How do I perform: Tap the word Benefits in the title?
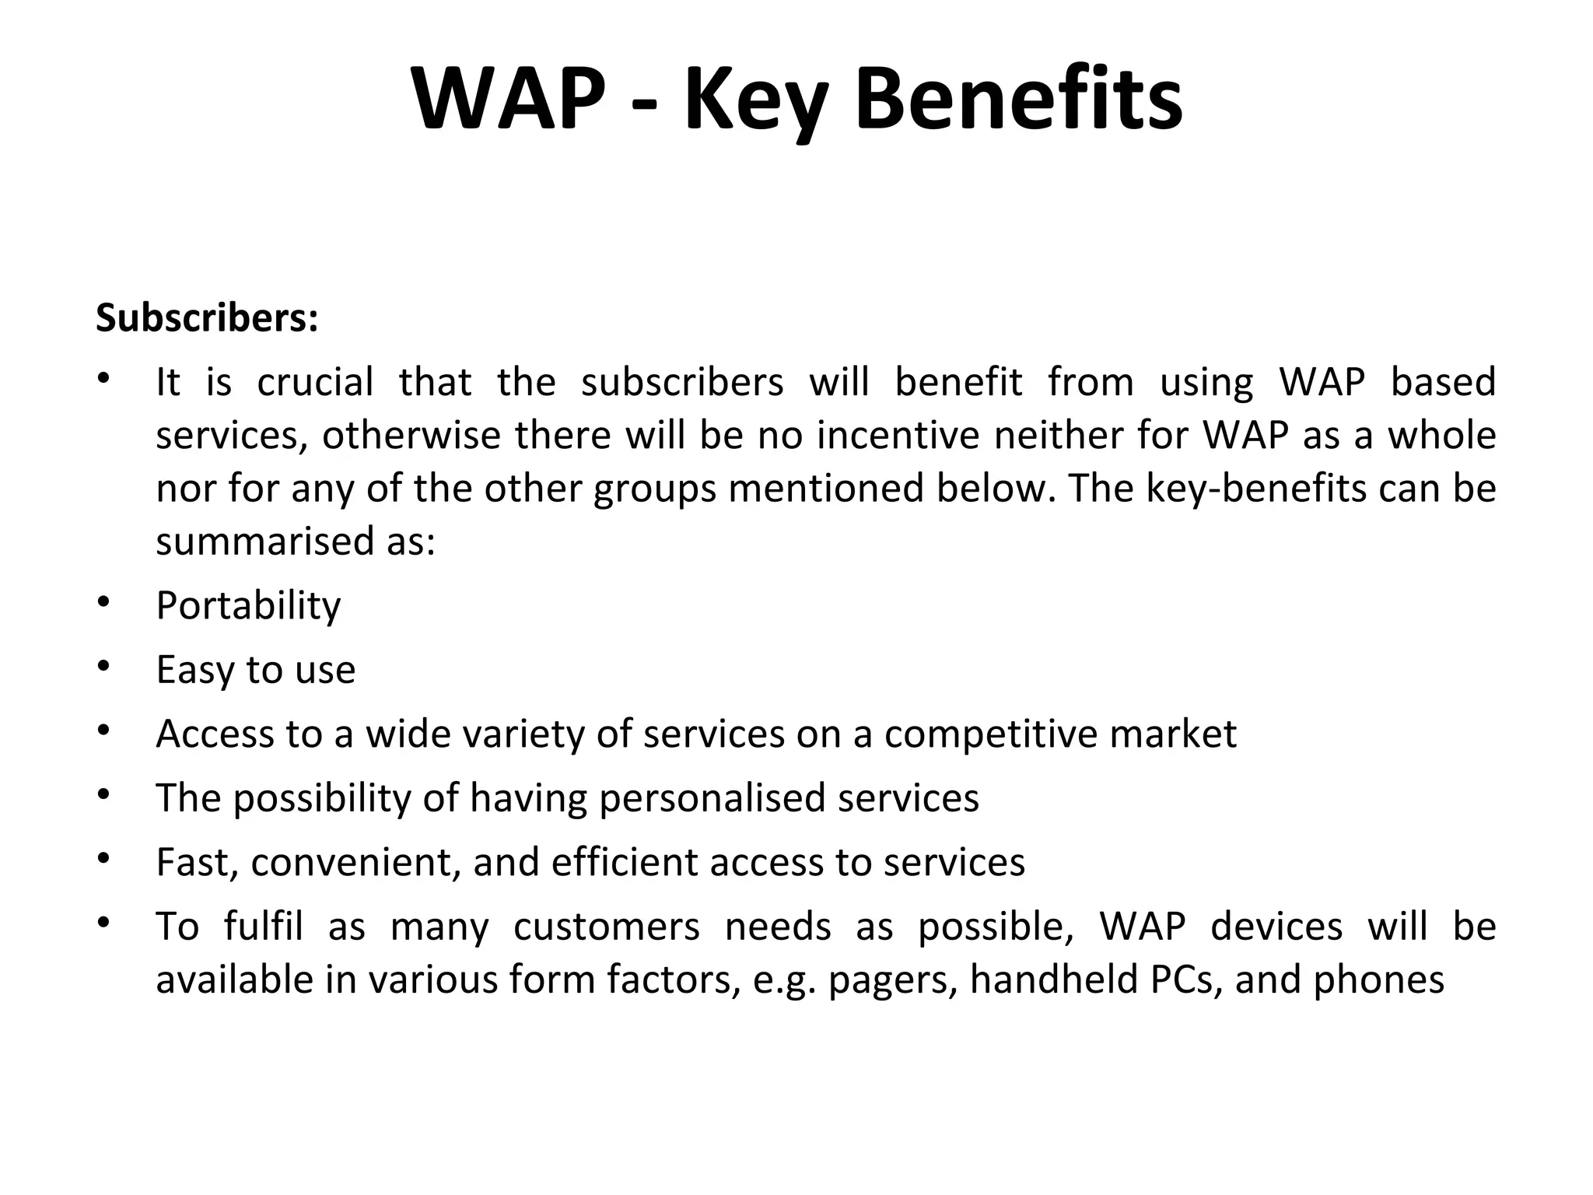(x=1019, y=100)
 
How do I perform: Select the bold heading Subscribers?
(x=207, y=318)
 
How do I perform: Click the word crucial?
(x=315, y=382)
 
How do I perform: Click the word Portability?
(x=248, y=605)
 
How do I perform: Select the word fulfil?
(x=263, y=927)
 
